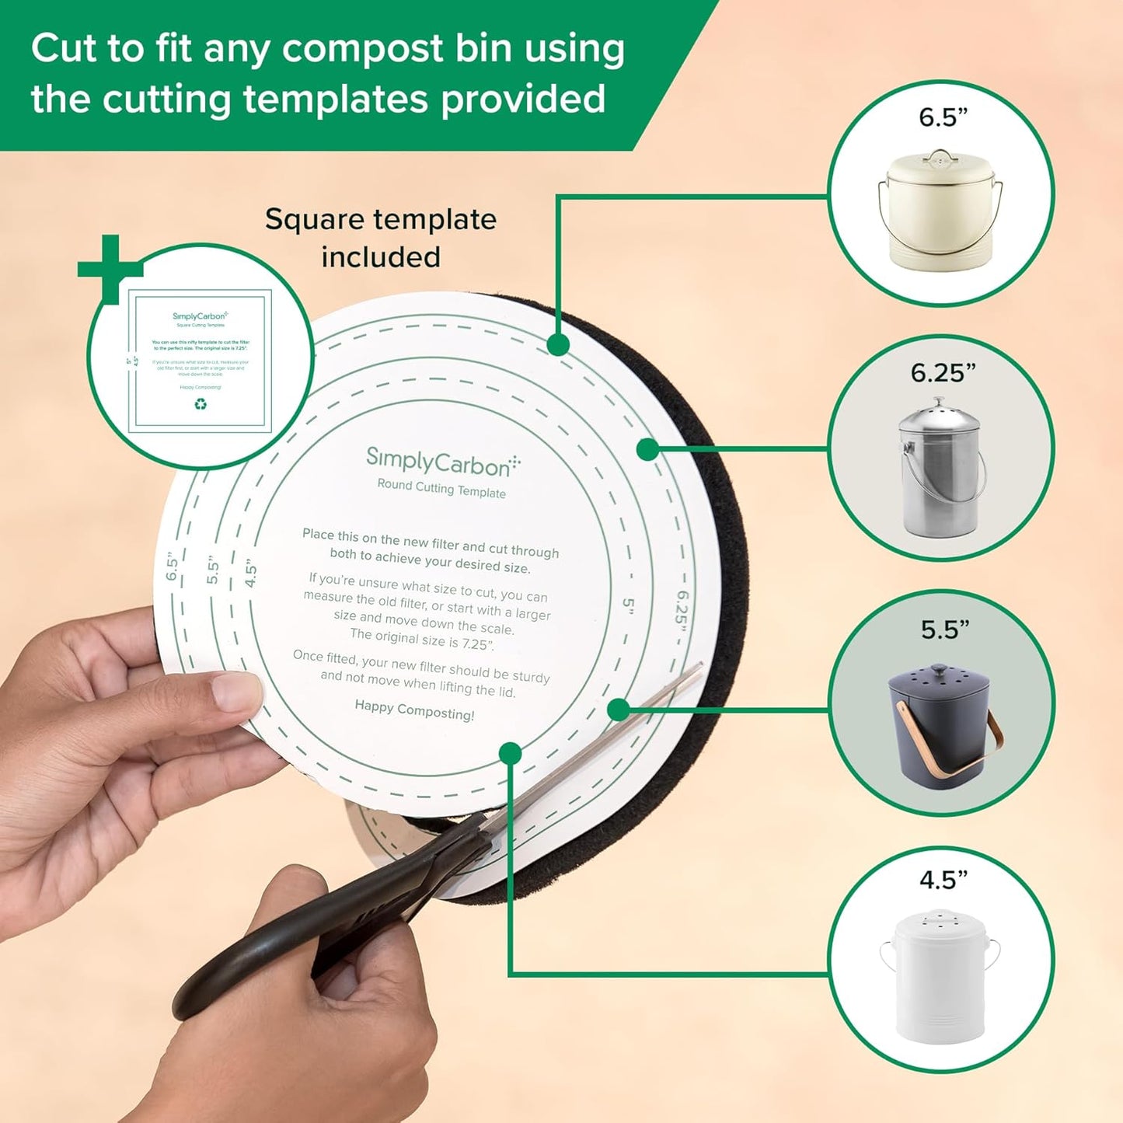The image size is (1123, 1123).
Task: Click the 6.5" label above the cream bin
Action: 943,117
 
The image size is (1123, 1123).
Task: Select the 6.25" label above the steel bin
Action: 943,373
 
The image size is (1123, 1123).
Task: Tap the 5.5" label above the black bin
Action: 945,629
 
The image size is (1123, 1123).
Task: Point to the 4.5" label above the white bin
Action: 943,880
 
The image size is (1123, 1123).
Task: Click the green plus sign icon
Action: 110,268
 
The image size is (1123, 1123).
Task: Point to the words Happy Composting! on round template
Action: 414,710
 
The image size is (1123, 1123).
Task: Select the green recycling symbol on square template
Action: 201,404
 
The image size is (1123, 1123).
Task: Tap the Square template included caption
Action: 381,238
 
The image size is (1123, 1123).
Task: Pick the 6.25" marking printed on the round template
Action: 682,618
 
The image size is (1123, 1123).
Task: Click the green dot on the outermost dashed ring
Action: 558,344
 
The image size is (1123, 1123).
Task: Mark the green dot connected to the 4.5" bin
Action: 510,752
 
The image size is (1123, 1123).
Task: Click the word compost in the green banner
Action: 362,49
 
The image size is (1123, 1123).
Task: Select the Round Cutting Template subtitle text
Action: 441,488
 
